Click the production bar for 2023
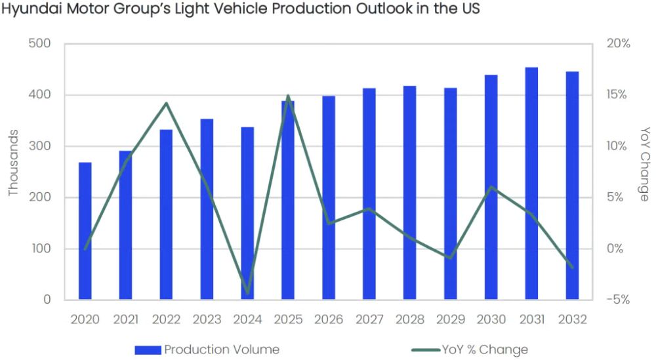point(207,209)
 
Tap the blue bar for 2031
point(531,184)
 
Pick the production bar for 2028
point(410,193)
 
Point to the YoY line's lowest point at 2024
point(247,293)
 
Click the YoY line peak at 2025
point(288,96)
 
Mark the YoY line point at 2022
point(167,104)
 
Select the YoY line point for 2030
point(491,188)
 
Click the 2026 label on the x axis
point(329,319)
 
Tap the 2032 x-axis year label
point(572,319)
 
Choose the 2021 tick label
point(126,319)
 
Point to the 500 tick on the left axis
point(40,44)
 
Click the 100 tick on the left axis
point(40,249)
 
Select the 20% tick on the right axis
point(617,44)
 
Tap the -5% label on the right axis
point(617,300)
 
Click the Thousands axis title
point(14,163)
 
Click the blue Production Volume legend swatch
point(148,350)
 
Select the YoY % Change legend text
point(485,350)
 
